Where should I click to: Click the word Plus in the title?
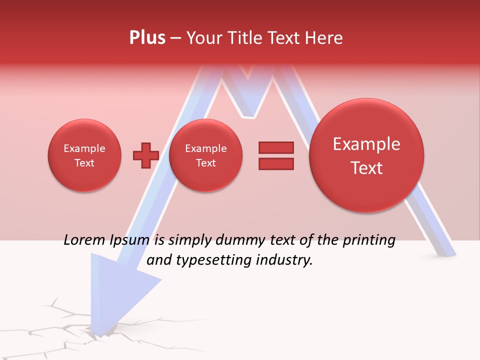click(147, 38)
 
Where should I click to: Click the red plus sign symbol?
click(145, 155)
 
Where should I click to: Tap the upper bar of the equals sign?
click(275, 147)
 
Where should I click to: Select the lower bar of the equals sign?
click(275, 163)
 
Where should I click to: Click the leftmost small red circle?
click(84, 155)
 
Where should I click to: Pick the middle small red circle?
click(205, 155)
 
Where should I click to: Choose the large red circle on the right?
click(366, 155)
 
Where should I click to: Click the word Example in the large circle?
click(366, 144)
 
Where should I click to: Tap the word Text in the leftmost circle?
click(84, 163)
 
